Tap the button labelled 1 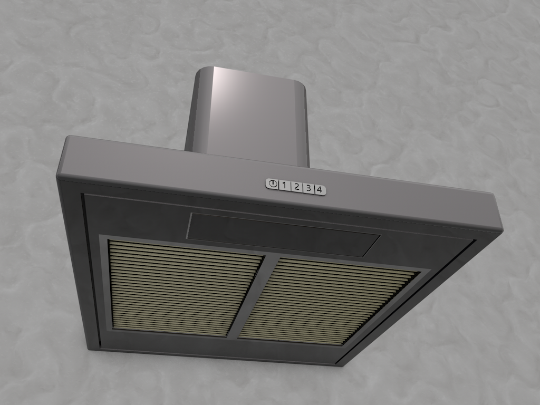coord(284,185)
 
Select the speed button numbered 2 coord(296,187)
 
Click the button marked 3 coord(308,188)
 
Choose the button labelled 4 coord(320,189)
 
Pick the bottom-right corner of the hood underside coord(337,365)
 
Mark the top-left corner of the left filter coord(110,241)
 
